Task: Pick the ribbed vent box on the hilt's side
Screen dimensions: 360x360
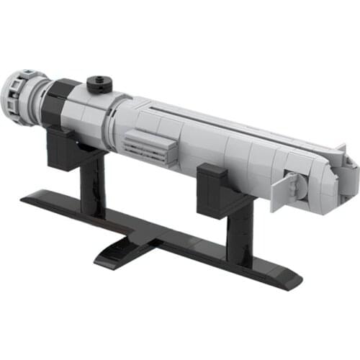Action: (150, 148)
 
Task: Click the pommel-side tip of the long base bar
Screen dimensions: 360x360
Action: (29, 196)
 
